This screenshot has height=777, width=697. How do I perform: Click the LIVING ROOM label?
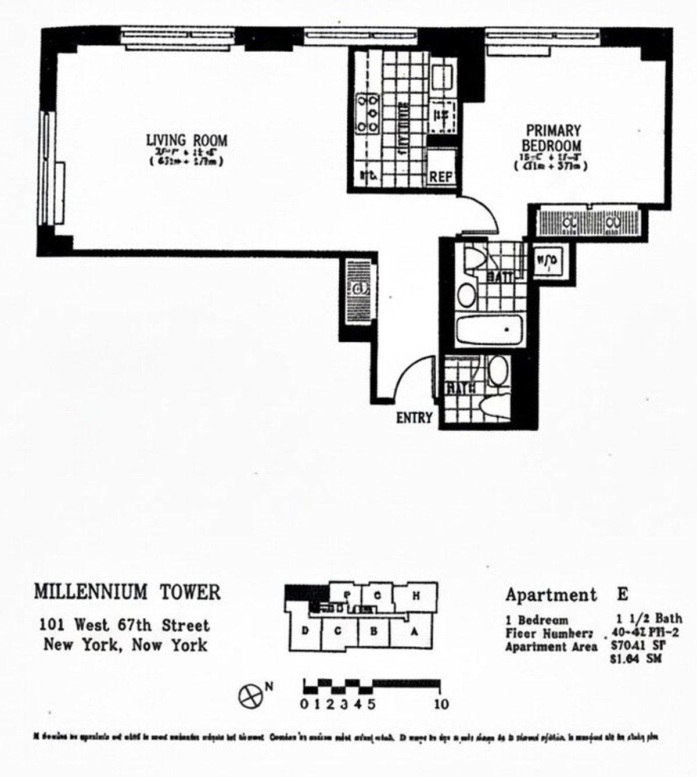186,140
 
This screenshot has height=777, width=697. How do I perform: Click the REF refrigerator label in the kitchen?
441,177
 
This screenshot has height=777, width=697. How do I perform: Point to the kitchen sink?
443,77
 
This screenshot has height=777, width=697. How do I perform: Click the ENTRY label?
414,417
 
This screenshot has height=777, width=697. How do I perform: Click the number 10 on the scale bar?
441,704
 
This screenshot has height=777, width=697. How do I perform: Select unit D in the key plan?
304,631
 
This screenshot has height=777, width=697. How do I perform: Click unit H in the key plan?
416,595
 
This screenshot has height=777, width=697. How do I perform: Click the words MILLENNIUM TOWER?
127,592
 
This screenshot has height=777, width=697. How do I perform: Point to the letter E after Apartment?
621,595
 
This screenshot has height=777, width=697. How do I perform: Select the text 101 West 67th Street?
124,626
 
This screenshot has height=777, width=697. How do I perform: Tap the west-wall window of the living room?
51,167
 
